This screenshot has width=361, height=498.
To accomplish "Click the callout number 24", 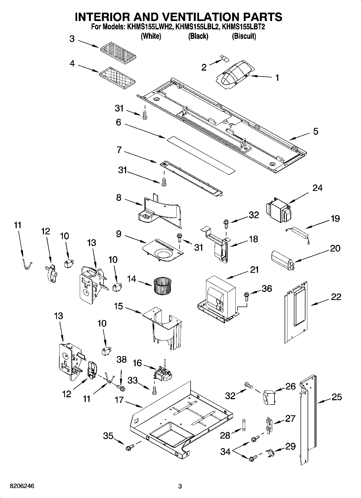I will click(317, 188).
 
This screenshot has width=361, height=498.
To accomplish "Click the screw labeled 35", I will click(129, 448).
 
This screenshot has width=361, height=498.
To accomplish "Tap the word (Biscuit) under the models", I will click(244, 36).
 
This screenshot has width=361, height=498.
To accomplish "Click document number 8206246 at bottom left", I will click(22, 486).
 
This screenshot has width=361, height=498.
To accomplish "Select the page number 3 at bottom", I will click(180, 486).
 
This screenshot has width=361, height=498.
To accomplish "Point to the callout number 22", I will click(336, 297).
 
